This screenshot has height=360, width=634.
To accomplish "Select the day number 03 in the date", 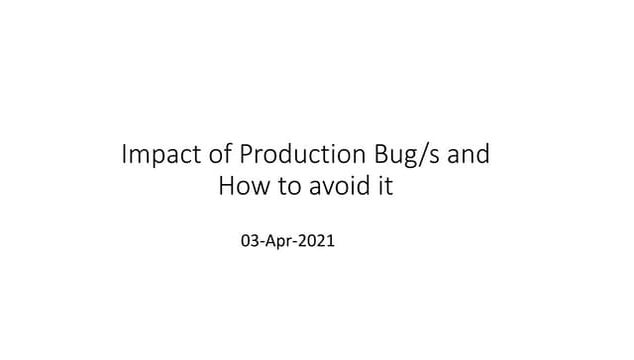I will [251, 241].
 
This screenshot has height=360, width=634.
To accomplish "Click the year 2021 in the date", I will [320, 241].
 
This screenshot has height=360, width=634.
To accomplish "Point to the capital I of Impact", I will [123, 156].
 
